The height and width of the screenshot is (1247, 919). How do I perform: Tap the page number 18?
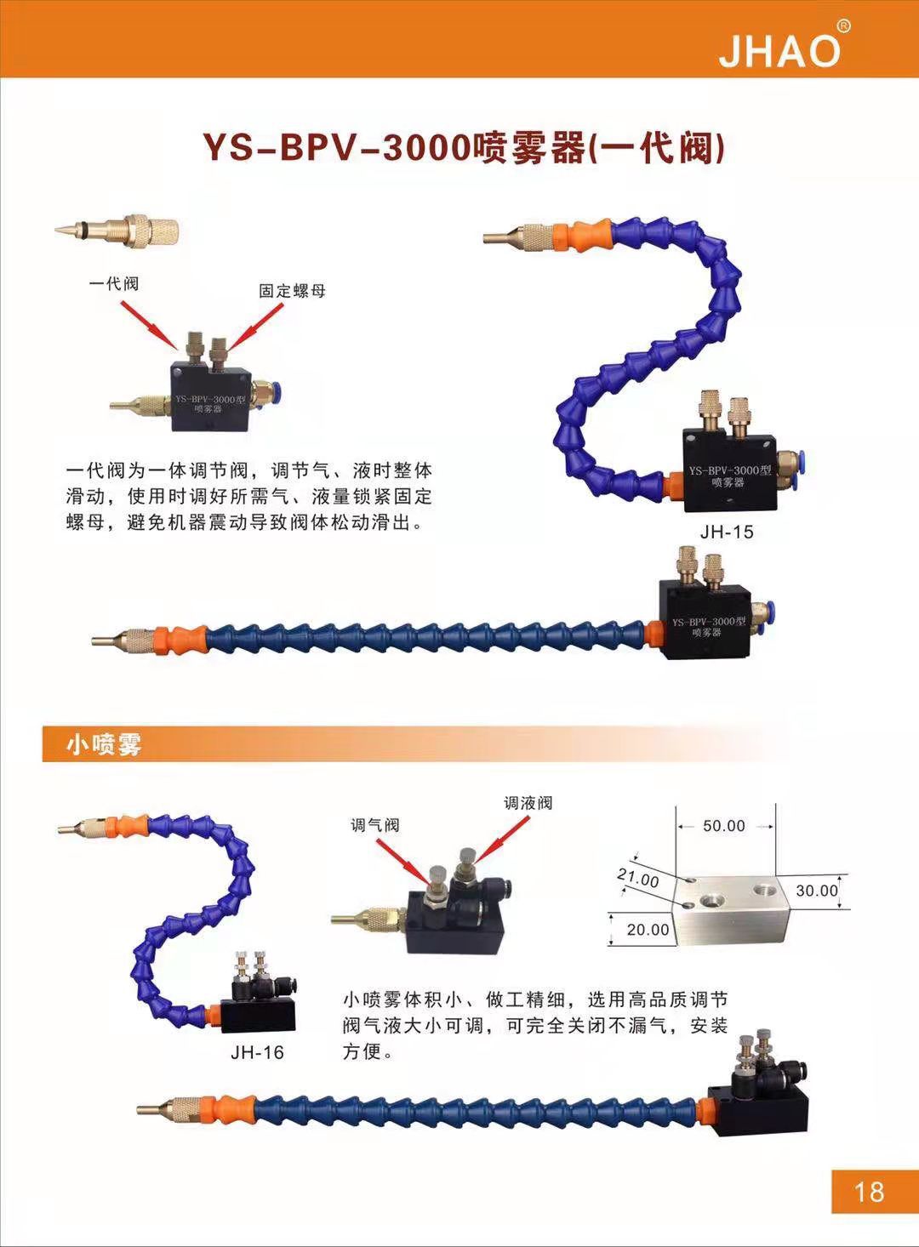869,1192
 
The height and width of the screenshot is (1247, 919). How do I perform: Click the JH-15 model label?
727,532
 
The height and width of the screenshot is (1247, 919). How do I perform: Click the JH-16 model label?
257,1052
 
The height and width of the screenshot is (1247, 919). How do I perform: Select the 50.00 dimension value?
723,826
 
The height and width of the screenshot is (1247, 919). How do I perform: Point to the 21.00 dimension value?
638,878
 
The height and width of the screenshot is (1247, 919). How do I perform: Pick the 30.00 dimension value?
817,891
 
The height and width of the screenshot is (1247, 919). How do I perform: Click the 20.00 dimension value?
648,930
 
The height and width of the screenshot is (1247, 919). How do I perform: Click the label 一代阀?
114,283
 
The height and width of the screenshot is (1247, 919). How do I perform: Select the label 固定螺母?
292,291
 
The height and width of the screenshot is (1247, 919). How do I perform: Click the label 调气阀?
374,824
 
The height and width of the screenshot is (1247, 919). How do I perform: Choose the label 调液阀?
528,802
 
